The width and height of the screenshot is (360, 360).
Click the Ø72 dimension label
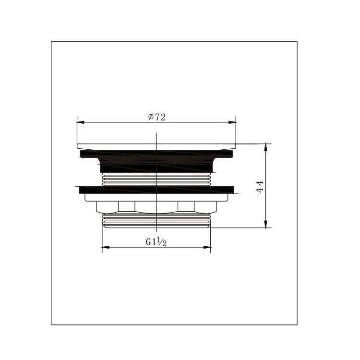157,117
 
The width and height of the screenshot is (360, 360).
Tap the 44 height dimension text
260,187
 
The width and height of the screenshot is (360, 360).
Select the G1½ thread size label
156,242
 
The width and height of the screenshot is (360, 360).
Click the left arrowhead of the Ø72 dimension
81,122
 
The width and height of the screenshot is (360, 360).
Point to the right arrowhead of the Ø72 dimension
232,122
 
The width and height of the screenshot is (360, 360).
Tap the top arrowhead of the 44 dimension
265,147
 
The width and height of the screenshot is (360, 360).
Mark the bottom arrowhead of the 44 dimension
265,224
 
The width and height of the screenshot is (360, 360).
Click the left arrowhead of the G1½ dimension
106,247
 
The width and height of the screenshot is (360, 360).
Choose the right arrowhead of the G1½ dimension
207,247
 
